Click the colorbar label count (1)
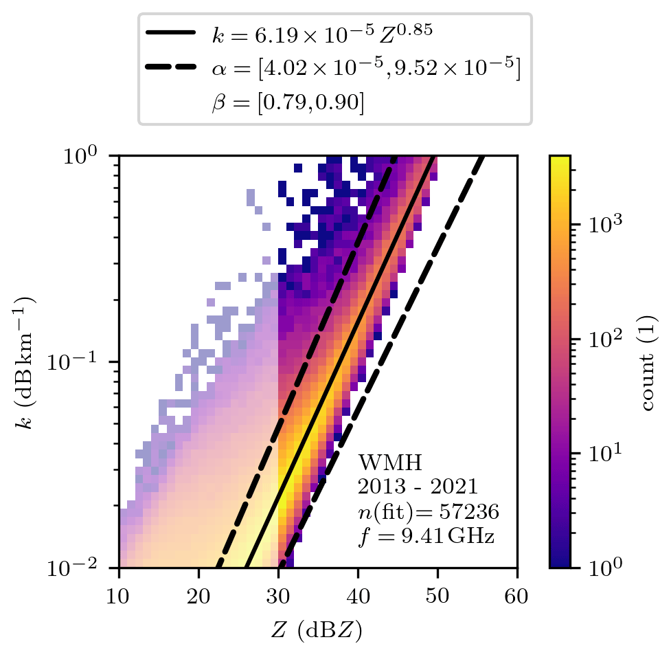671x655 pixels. click(648, 362)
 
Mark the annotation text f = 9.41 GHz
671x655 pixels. click(426, 535)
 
